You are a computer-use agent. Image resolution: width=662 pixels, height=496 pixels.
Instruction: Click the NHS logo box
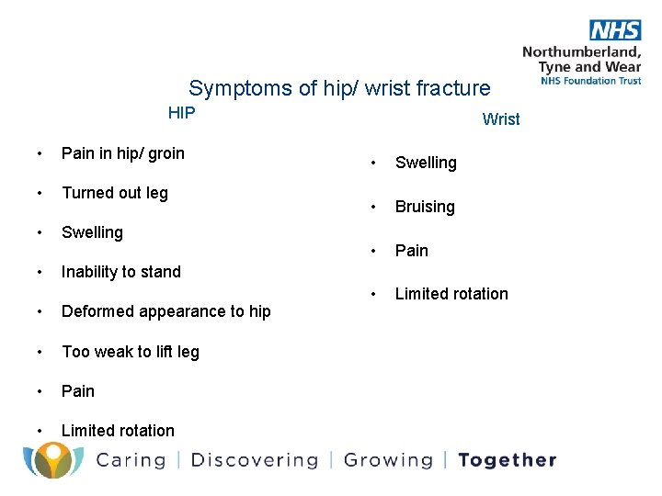(x=614, y=29)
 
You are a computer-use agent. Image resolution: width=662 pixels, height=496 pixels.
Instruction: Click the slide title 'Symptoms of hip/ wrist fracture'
(x=339, y=88)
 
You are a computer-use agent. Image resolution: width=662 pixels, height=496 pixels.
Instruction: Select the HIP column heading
(x=181, y=113)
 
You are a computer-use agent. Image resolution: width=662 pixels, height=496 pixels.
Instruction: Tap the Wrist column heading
(x=501, y=118)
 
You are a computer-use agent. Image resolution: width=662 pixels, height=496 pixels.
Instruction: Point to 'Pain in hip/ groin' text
(x=122, y=153)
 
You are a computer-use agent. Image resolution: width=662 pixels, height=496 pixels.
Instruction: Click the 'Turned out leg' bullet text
(x=114, y=193)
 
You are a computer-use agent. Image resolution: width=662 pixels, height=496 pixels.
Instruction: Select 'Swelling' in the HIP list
(x=92, y=232)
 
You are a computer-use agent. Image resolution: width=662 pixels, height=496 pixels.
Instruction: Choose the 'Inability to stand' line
(x=120, y=272)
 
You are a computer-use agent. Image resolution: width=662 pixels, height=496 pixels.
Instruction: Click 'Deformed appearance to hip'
(x=165, y=311)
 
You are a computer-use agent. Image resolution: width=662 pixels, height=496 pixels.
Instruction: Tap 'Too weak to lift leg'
(x=130, y=352)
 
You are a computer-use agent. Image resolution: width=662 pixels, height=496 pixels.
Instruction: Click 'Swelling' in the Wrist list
(x=426, y=163)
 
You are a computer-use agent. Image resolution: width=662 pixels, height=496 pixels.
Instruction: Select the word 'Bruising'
(x=425, y=207)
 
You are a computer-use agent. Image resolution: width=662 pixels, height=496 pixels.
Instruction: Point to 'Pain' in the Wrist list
(x=412, y=250)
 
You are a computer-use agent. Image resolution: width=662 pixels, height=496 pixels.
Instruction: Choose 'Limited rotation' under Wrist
(x=451, y=294)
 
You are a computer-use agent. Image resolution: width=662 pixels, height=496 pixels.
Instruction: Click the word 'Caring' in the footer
(x=130, y=460)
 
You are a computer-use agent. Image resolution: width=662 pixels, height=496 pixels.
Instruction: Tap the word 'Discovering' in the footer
(x=254, y=460)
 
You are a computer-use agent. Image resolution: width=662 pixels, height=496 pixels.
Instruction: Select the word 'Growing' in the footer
(x=387, y=460)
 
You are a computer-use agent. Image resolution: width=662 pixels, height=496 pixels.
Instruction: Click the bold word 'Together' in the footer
(x=507, y=460)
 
